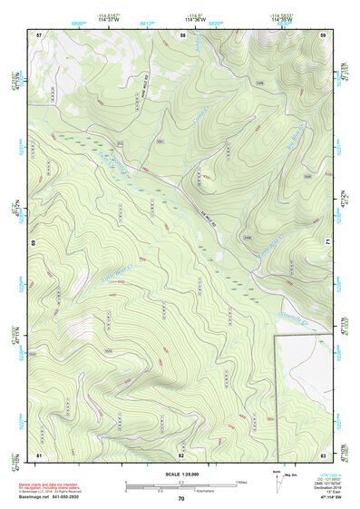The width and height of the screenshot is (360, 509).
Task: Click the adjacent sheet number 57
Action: (x=39, y=34)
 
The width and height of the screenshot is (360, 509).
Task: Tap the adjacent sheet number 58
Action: (x=182, y=34)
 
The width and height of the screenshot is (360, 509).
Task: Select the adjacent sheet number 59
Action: (x=324, y=34)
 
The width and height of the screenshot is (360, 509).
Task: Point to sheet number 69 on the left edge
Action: (x=34, y=243)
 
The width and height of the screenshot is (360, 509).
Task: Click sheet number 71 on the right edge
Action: (x=327, y=243)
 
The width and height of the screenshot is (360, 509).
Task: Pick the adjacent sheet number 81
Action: (x=39, y=454)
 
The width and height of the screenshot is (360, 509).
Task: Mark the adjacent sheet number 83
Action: (x=324, y=454)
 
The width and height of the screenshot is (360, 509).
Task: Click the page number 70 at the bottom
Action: (x=181, y=499)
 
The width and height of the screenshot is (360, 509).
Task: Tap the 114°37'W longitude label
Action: (x=118, y=17)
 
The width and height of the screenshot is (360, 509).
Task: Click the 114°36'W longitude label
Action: (x=193, y=17)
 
